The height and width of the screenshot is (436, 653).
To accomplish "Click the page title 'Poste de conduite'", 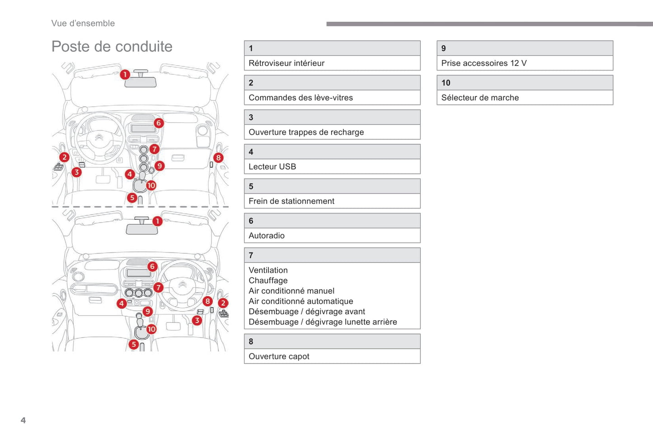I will [x=112, y=47].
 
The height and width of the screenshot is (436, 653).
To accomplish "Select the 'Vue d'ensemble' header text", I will [x=83, y=24].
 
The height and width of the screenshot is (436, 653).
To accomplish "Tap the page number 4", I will [x=23, y=420].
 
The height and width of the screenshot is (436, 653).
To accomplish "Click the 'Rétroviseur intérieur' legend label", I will [x=286, y=63].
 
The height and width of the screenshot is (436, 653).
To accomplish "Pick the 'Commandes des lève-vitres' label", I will [x=301, y=98].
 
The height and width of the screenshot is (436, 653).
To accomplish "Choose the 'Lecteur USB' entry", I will [x=272, y=167].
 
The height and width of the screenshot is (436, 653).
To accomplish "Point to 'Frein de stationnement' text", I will [x=291, y=201].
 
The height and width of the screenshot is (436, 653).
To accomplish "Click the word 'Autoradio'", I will [x=266, y=236].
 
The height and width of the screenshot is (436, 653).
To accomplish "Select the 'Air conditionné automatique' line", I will [x=301, y=301].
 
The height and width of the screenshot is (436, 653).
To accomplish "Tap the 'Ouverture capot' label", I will [x=279, y=356].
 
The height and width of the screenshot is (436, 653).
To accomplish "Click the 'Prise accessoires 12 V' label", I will [x=484, y=63].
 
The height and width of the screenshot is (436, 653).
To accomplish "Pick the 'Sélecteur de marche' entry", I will [x=479, y=98].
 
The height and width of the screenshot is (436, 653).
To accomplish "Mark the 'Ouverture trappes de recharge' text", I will [x=306, y=133].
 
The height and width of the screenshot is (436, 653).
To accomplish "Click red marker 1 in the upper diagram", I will [x=125, y=74].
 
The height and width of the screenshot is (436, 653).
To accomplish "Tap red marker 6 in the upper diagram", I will [x=158, y=123].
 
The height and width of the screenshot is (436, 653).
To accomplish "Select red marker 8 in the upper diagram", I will [x=218, y=158].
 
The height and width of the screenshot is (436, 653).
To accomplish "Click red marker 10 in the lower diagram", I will [x=151, y=329].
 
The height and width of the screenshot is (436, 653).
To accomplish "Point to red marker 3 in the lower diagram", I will [x=197, y=320].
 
